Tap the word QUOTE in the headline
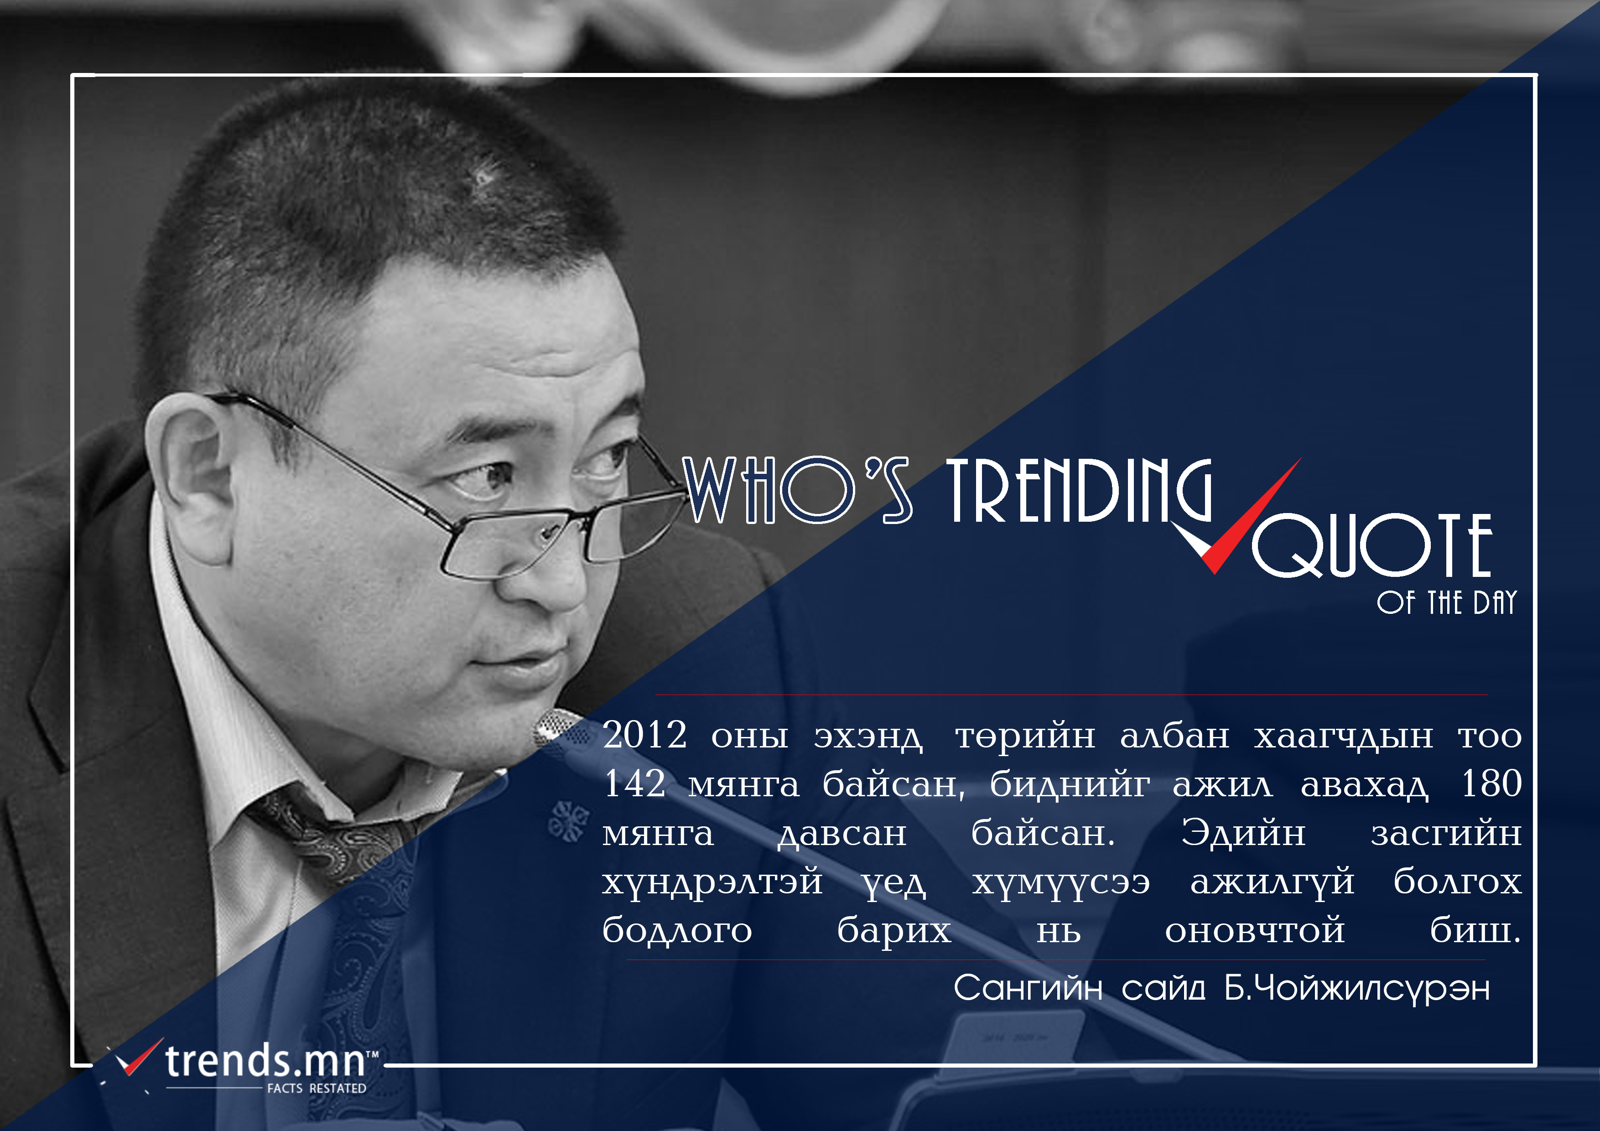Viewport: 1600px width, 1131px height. point(1371,545)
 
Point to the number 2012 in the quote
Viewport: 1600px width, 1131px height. point(644,735)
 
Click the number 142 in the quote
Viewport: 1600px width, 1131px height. point(634,783)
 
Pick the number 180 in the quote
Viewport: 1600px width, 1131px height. point(1491,783)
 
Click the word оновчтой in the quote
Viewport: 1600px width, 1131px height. point(1254,931)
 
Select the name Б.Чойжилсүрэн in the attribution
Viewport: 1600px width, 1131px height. point(1357,988)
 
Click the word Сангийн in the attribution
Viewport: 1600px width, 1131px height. point(1028,988)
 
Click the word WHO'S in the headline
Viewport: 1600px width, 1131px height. point(797,490)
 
